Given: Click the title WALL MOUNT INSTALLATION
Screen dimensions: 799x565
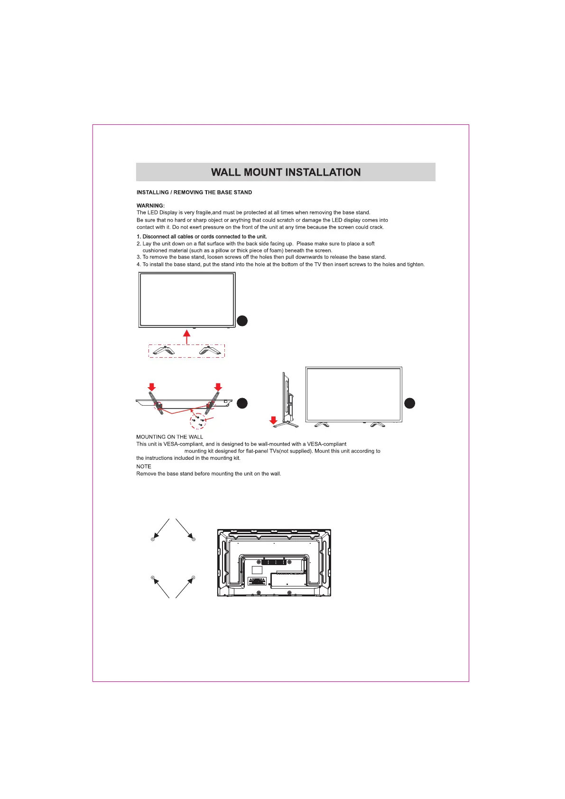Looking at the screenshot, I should click(286, 172).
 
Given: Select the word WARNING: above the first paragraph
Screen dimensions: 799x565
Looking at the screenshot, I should click(150, 205).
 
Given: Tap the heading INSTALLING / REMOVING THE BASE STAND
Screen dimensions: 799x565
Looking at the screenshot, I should click(194, 192).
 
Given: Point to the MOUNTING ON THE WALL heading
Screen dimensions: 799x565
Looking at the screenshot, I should click(169, 437).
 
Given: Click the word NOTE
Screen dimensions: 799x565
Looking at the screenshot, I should click(144, 466).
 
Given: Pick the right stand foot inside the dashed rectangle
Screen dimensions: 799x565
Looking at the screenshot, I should click(210, 351).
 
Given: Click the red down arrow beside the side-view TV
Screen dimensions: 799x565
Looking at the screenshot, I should click(273, 420).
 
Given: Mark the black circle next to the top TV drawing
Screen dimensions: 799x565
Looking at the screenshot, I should click(242, 321).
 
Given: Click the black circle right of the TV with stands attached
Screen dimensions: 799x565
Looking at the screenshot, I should click(410, 403).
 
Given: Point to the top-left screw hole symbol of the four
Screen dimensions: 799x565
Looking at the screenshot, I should click(153, 539).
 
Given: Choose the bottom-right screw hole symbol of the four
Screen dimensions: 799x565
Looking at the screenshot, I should click(193, 577).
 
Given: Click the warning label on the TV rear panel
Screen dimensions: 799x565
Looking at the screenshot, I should click(257, 581).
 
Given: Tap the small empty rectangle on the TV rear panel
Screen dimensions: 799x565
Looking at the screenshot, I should click(257, 570).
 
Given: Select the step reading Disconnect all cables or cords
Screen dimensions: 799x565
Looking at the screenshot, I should click(202, 236).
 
